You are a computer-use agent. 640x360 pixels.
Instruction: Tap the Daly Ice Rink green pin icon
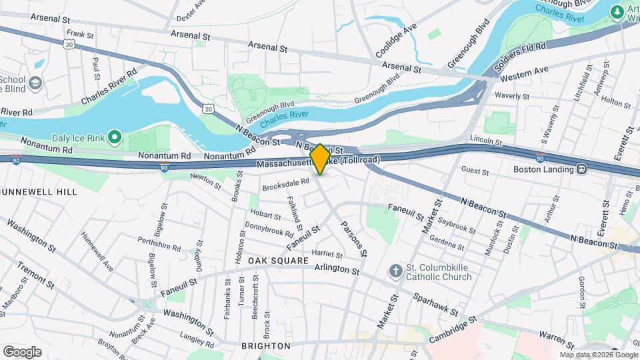(114, 138)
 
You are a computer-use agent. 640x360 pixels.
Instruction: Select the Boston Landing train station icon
(581, 169)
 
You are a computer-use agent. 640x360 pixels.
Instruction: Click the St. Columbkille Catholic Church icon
(395, 271)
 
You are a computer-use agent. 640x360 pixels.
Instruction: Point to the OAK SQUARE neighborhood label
(279, 260)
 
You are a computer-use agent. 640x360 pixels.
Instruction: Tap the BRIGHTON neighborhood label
(265, 346)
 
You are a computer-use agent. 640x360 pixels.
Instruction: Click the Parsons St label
(353, 239)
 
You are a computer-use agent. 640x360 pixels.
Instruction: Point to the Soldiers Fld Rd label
(521, 57)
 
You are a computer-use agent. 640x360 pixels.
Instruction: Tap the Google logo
(22, 351)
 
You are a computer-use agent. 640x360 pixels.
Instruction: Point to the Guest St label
(475, 171)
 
